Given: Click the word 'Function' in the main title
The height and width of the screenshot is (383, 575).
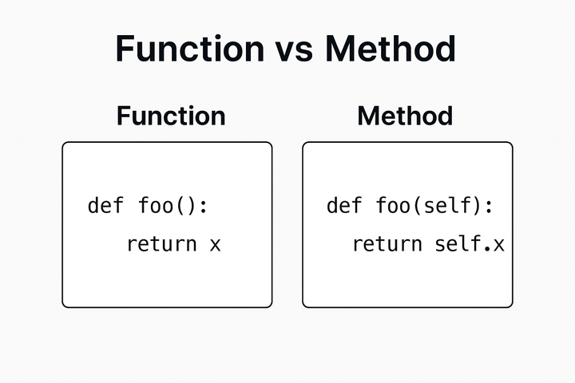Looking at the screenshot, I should [189, 49].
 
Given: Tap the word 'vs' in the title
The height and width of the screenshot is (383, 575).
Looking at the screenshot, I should [293, 49].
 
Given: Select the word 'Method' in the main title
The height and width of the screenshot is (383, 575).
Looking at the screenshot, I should [391, 49].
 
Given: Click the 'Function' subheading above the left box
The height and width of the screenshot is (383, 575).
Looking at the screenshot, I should [171, 116].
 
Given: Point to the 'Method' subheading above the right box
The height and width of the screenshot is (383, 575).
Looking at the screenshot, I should [405, 116].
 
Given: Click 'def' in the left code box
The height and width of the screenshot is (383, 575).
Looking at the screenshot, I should [105, 205].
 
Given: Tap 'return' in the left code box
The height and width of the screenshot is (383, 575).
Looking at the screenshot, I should [161, 243].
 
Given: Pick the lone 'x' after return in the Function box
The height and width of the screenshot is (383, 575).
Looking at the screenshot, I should [214, 244].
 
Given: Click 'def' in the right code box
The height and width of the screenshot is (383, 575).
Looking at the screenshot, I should [345, 205].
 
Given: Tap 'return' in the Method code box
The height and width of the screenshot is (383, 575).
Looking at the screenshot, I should [387, 243].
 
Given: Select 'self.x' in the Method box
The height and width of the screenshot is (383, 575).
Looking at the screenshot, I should [470, 243].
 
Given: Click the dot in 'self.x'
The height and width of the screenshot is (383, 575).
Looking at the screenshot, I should [487, 249].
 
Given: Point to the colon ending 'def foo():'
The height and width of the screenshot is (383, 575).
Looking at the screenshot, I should [203, 207].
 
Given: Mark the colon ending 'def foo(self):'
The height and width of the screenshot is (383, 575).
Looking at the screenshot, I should [488, 207].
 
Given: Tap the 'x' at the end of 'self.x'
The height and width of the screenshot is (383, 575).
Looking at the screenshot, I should [498, 244].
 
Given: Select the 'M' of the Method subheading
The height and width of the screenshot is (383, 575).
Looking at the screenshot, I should [368, 116].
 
